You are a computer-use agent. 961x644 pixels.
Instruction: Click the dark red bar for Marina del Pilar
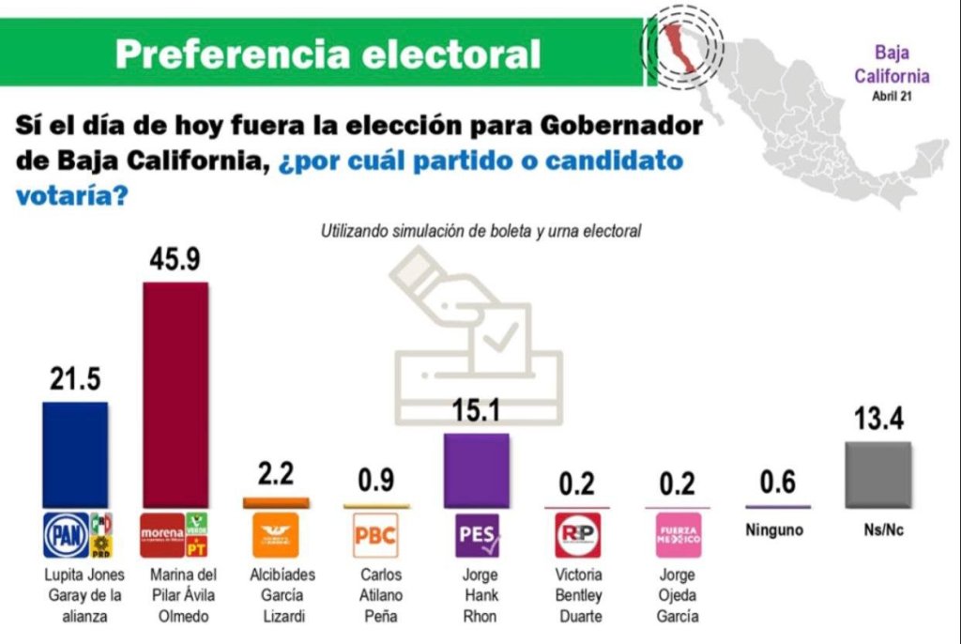(x=175, y=394)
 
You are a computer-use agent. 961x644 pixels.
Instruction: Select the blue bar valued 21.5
(x=76, y=455)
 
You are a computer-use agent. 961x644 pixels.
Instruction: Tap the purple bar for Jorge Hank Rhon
(x=476, y=470)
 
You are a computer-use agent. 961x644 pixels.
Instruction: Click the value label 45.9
(x=175, y=260)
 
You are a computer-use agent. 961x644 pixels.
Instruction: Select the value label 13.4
(x=877, y=420)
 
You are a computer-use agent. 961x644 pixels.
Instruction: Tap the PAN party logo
(x=66, y=536)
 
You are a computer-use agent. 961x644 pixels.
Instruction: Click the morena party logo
(x=161, y=535)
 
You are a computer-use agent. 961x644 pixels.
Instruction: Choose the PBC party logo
(x=374, y=536)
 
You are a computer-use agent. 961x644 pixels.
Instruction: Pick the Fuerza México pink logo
(x=676, y=536)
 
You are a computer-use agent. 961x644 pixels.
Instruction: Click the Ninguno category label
(x=774, y=530)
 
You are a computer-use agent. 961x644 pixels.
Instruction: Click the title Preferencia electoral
(x=328, y=54)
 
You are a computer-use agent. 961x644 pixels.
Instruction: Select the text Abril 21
(x=892, y=96)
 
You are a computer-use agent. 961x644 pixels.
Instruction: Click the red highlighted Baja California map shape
(x=681, y=47)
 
